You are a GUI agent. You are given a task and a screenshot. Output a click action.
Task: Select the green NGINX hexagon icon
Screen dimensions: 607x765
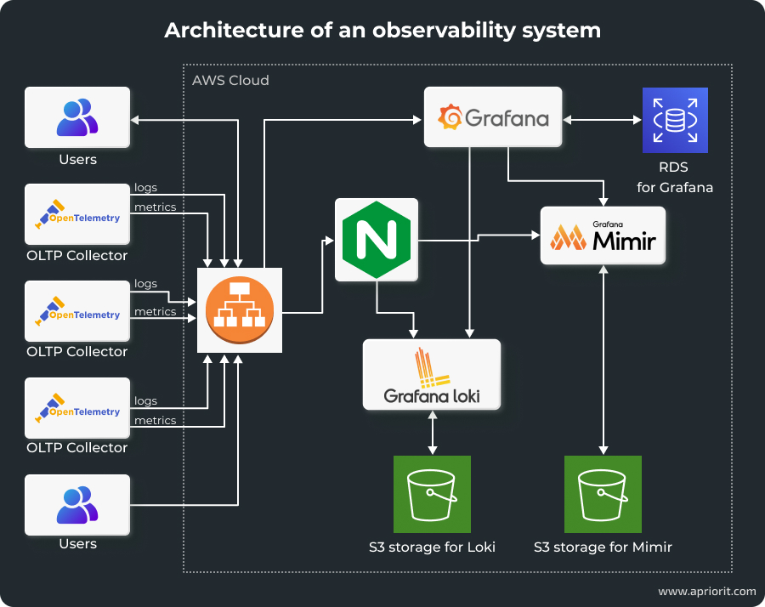click(x=377, y=240)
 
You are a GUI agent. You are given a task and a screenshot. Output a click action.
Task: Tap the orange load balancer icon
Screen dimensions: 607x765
click(x=239, y=309)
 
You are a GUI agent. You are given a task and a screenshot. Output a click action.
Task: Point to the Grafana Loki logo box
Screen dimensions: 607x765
click(x=431, y=375)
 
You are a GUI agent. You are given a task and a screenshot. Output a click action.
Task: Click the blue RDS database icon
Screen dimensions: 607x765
click(x=675, y=120)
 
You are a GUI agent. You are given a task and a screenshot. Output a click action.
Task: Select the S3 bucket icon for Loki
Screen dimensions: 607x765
click(x=432, y=494)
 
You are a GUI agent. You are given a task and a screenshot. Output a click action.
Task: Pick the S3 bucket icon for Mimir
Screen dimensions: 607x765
click(x=603, y=494)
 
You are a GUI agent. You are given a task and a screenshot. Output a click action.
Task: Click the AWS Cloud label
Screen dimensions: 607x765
click(x=230, y=81)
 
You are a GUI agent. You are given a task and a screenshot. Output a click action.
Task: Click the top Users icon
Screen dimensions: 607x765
click(x=77, y=117)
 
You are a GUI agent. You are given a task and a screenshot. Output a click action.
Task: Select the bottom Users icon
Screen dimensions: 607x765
click(x=77, y=504)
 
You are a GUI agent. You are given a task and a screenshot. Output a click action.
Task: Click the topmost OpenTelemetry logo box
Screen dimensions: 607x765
click(x=77, y=214)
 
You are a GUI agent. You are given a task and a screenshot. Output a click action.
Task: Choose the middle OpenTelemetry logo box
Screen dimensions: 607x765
click(x=77, y=311)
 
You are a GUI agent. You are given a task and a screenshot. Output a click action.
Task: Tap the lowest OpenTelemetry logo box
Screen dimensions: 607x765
click(x=77, y=408)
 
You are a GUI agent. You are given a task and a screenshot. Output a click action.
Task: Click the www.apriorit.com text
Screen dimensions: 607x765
click(x=706, y=591)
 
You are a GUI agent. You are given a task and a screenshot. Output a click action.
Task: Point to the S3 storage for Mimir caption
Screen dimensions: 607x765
click(x=603, y=547)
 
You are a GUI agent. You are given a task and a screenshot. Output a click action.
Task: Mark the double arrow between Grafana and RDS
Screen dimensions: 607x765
click(x=602, y=120)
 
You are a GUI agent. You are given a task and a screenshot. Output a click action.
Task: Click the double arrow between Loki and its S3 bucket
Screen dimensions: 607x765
click(x=433, y=433)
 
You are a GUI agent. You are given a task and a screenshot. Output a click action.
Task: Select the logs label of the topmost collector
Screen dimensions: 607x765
click(x=145, y=188)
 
